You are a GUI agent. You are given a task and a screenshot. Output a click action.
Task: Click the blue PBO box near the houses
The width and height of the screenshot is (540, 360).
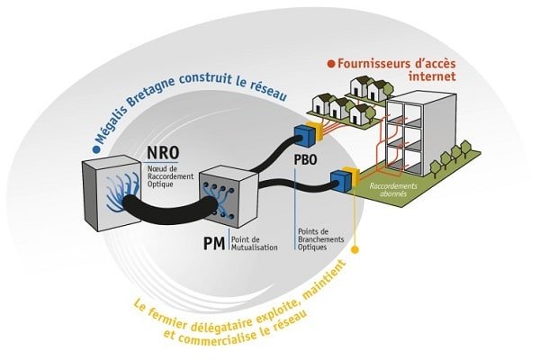(303, 134)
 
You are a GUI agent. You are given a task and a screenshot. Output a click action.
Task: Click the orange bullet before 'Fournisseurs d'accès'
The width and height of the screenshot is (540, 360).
(330, 63)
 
